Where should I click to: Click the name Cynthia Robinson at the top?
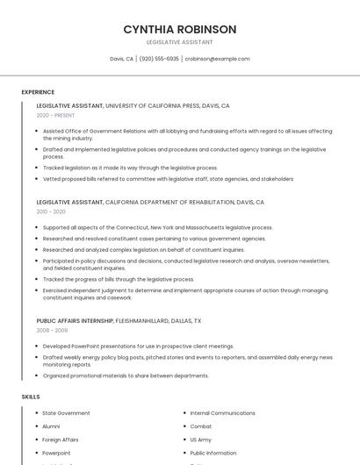(x=179, y=29)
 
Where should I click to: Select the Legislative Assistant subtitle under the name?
(x=179, y=42)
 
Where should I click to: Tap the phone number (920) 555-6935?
(x=159, y=59)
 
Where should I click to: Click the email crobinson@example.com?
(x=217, y=59)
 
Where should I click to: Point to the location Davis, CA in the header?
(x=121, y=59)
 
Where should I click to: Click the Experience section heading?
(x=38, y=92)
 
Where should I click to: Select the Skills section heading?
(x=31, y=397)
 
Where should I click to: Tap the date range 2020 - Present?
(x=55, y=115)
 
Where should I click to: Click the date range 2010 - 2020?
(x=51, y=211)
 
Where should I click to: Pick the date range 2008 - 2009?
(x=52, y=331)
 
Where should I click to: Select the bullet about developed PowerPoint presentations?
(x=138, y=346)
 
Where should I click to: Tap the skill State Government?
(x=66, y=413)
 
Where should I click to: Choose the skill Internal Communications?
(x=222, y=413)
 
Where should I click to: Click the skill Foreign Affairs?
(x=61, y=440)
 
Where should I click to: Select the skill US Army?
(x=201, y=440)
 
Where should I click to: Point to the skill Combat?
(x=201, y=426)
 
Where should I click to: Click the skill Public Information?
(x=213, y=453)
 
